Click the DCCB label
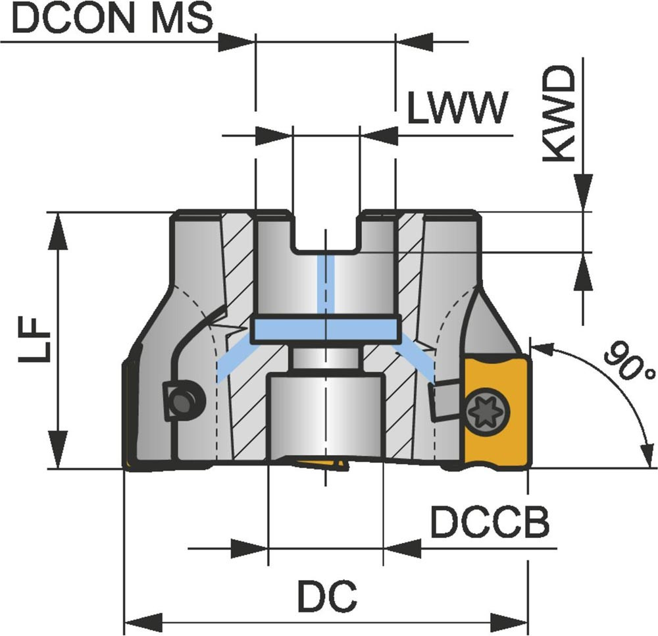490,523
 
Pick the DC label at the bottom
326,596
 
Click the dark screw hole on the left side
183,398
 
